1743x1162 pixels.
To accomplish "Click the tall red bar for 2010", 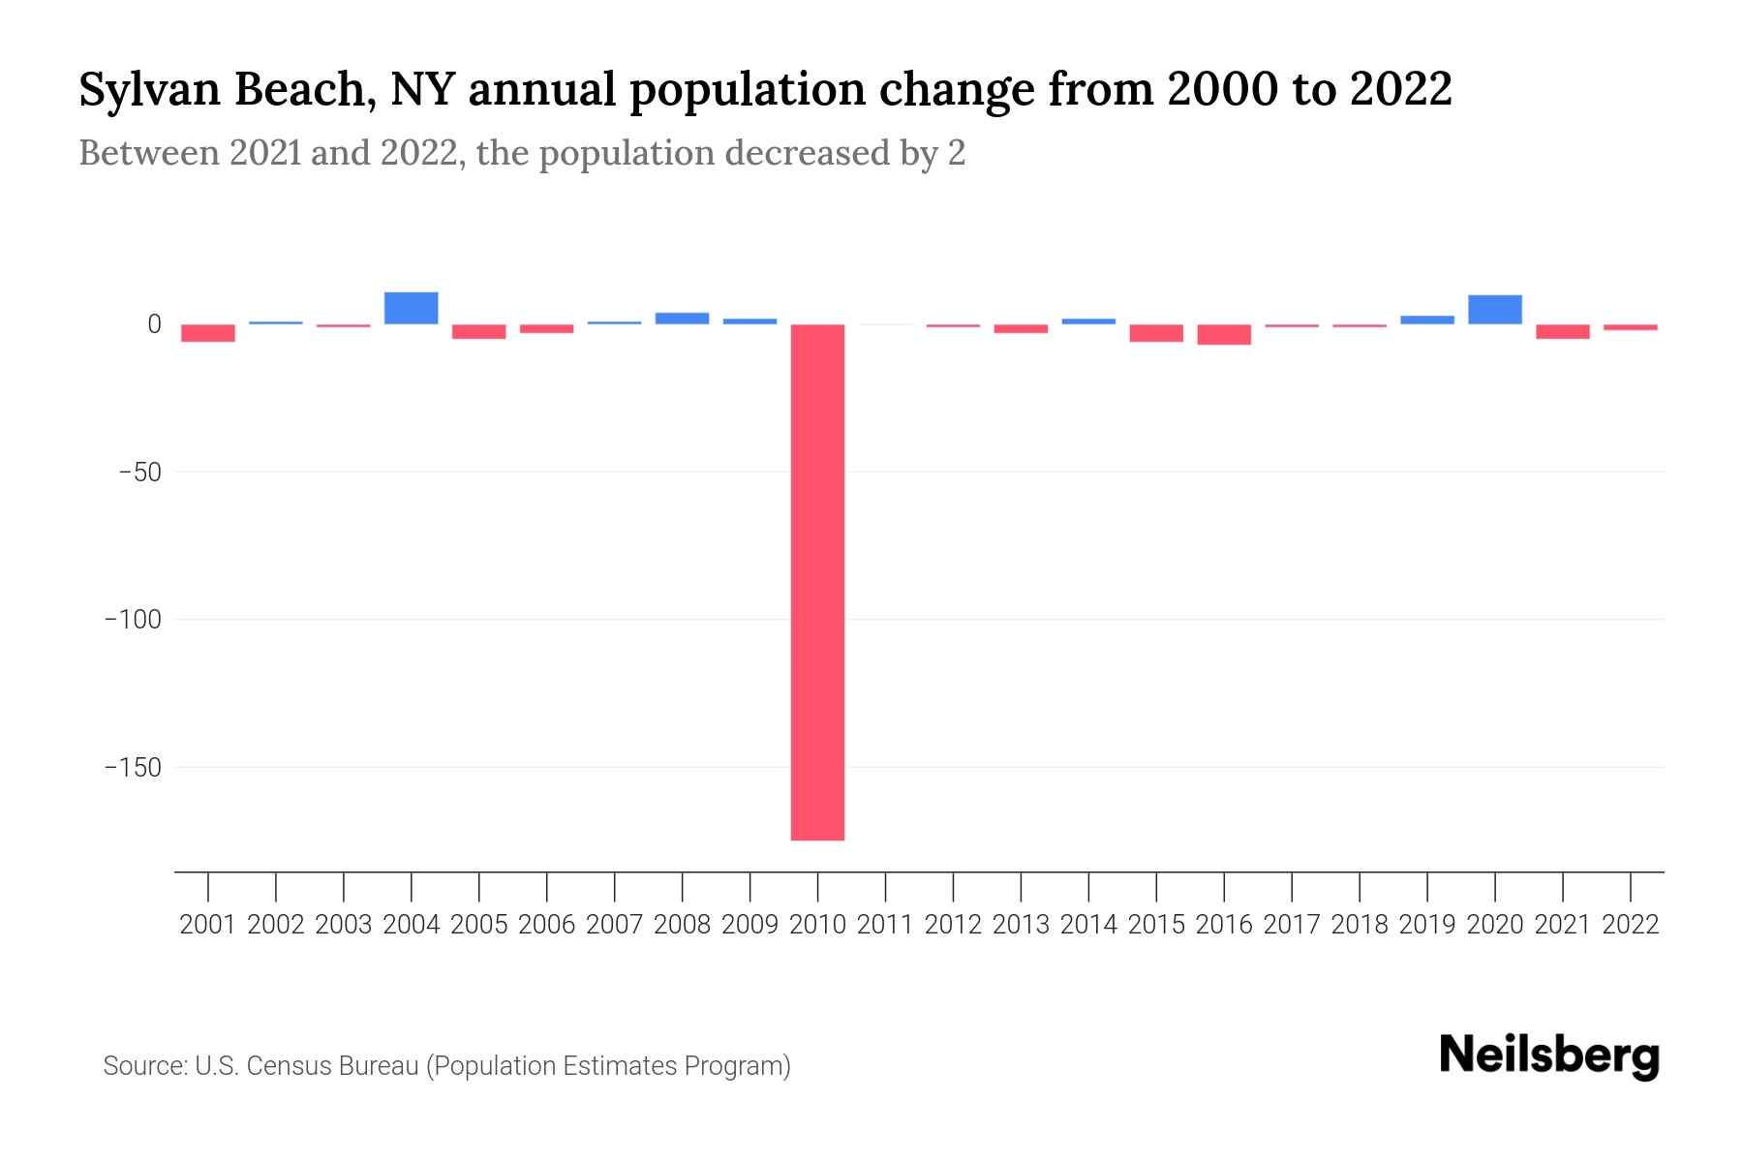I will [817, 581].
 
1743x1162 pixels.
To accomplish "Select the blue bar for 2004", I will [412, 308].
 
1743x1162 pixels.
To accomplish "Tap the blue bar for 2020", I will [1494, 310].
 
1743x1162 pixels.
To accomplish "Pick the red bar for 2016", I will [1224, 334].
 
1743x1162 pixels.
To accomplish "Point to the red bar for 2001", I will [208, 333].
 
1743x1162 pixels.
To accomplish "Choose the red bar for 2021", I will [1562, 331].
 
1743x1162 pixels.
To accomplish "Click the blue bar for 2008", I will [682, 319].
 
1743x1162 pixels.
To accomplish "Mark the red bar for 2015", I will [1156, 333].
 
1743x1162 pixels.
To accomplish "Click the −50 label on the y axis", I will [139, 473].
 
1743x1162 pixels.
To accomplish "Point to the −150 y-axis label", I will [133, 768].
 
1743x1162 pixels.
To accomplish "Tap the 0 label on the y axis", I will [154, 324].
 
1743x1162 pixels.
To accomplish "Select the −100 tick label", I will [133, 620].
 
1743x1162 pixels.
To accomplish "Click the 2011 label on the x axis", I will [885, 925].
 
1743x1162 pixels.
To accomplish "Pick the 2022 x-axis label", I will [1631, 925].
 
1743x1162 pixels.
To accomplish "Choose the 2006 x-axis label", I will [547, 925].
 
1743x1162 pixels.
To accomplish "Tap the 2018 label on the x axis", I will [1360, 925].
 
